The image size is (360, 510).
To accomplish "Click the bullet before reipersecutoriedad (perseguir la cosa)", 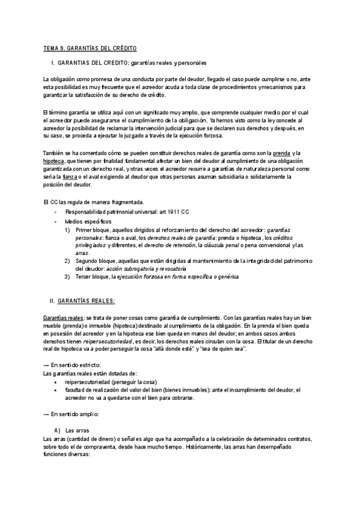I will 55,381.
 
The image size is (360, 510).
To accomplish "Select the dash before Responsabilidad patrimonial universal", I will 56,212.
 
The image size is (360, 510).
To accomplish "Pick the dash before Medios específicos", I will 56,221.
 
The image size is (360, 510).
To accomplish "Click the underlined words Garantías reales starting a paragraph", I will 63,317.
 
